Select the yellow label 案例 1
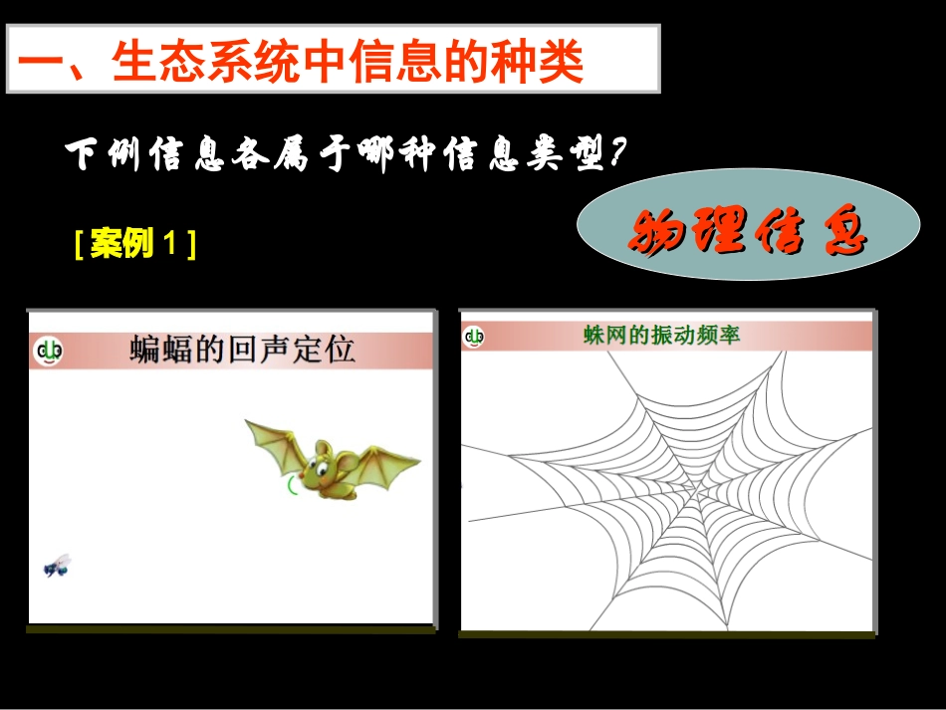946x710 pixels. point(134,243)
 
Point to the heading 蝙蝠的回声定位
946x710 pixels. point(242,350)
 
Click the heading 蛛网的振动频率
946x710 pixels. point(661,336)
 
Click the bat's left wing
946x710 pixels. point(274,443)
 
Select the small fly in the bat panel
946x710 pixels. point(57,566)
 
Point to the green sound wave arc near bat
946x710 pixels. point(290,485)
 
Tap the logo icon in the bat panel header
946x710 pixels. point(48,352)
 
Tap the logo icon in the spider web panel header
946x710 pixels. point(474,337)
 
